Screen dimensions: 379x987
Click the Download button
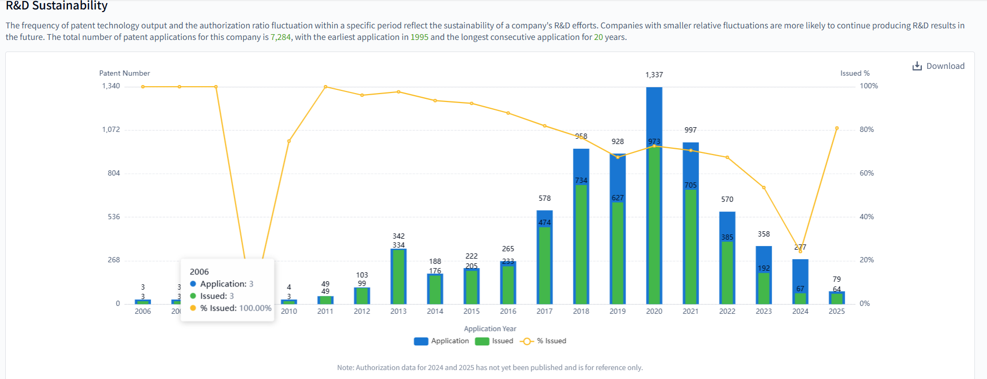pos(939,66)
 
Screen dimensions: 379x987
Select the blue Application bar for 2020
pos(654,116)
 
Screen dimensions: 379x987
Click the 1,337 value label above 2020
pos(654,75)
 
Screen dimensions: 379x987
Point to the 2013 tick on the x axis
pos(398,311)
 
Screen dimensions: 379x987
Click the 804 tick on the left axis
pos(114,173)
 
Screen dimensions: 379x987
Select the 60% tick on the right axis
pos(867,173)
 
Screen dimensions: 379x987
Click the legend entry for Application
pos(441,341)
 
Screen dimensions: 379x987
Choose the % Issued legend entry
pos(543,341)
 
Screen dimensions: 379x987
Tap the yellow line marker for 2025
pos(837,128)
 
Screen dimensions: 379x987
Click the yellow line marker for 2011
pos(325,87)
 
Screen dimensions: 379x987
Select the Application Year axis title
pos(490,329)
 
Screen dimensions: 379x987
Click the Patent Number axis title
pos(125,73)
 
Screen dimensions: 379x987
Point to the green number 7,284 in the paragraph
pos(280,37)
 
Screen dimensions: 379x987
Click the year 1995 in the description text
pos(419,37)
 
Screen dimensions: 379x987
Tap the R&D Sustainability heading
pos(57,6)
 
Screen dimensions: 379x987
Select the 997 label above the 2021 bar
pos(690,130)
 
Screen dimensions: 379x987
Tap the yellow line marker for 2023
pos(764,188)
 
